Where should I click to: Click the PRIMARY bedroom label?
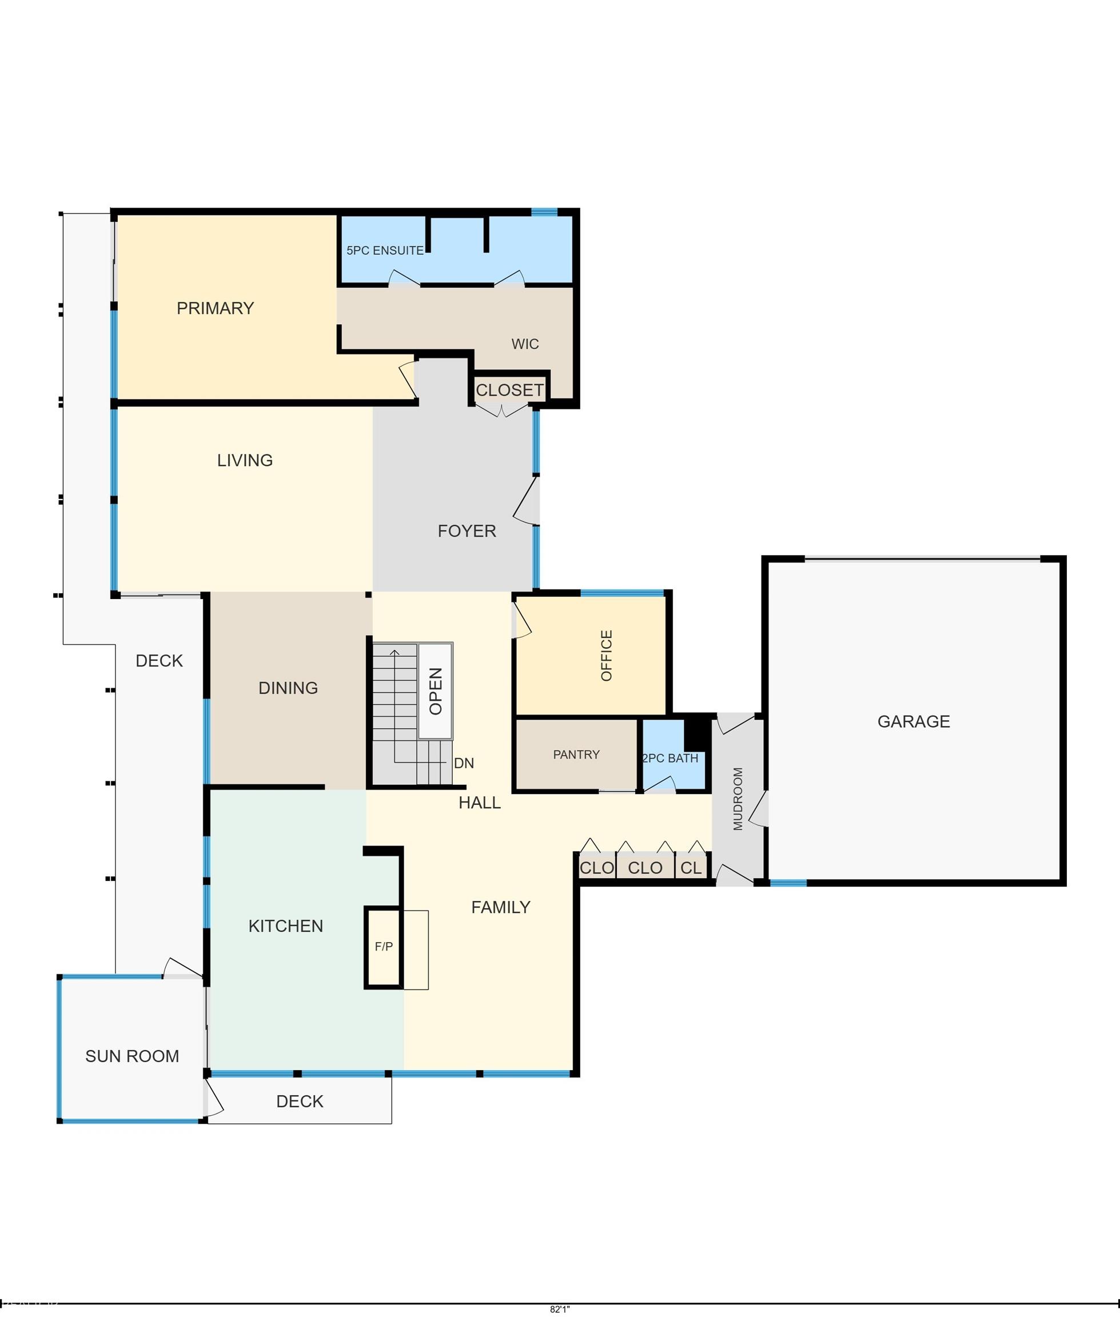pyautogui.click(x=215, y=309)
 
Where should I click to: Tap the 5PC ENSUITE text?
pyautogui.click(x=385, y=251)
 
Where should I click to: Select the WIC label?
pyautogui.click(x=525, y=344)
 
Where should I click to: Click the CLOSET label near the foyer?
pyautogui.click(x=510, y=390)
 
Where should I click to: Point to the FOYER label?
pyautogui.click(x=467, y=531)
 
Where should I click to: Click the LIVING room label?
pyautogui.click(x=245, y=460)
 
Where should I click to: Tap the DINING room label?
pyautogui.click(x=288, y=688)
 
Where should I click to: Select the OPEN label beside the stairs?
pyautogui.click(x=436, y=691)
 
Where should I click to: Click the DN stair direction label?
pyautogui.click(x=464, y=764)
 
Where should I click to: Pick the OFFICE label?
pyautogui.click(x=607, y=656)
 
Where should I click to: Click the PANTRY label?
pyautogui.click(x=576, y=755)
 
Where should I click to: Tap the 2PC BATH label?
pyautogui.click(x=671, y=759)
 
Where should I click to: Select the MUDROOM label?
pyautogui.click(x=738, y=799)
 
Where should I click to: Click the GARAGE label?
pyautogui.click(x=914, y=721)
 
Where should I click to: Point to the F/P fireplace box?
pyautogui.click(x=384, y=948)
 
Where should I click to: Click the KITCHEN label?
pyautogui.click(x=286, y=926)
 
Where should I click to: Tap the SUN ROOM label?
pyautogui.click(x=132, y=1056)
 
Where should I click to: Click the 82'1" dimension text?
pyautogui.click(x=560, y=1309)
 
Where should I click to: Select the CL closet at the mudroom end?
pyautogui.click(x=691, y=868)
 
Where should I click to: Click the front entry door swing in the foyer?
pyautogui.click(x=526, y=501)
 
